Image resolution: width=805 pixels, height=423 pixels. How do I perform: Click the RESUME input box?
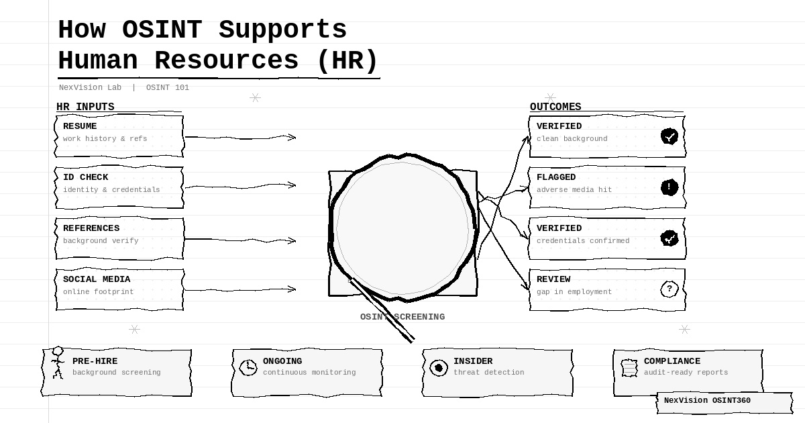(119, 136)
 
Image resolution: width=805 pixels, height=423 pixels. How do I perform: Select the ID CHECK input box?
(119, 187)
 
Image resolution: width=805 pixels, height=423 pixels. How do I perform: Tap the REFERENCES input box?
(119, 238)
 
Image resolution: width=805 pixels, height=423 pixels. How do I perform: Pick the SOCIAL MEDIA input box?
(119, 289)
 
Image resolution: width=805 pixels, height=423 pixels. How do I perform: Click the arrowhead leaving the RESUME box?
(292, 137)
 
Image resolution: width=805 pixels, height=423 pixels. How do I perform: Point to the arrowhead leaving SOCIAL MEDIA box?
(292, 289)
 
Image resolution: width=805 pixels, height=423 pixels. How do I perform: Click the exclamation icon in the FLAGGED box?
(669, 187)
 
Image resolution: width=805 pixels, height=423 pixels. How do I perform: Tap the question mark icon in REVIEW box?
(669, 289)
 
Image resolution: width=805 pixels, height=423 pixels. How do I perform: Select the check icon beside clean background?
(669, 136)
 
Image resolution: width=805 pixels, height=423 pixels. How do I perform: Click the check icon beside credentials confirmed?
(669, 238)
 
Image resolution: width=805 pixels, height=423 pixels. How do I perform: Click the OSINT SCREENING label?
(402, 317)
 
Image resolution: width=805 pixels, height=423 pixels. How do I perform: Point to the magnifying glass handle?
(382, 310)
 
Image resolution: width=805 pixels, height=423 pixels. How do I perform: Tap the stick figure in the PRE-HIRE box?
(58, 363)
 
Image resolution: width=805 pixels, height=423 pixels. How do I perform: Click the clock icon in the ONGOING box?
(248, 367)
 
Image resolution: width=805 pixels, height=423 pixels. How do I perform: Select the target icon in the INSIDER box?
(439, 368)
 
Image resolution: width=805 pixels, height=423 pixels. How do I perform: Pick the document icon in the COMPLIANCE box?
(629, 368)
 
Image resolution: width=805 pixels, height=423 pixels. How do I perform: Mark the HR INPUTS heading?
(85, 107)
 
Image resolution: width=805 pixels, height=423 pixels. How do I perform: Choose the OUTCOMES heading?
(555, 107)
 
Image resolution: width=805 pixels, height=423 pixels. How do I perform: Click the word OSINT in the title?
(162, 30)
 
